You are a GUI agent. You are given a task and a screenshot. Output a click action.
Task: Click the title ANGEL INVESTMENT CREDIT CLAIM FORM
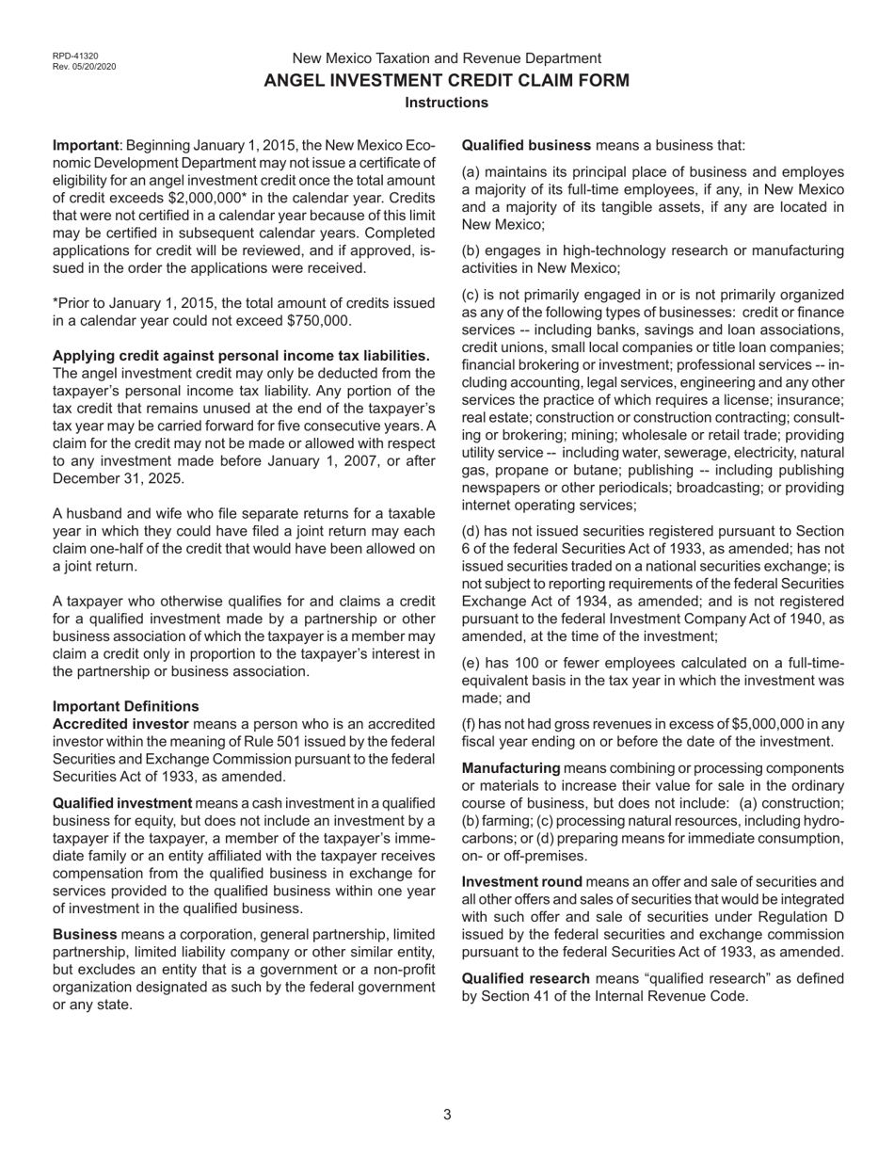pyautogui.click(x=446, y=81)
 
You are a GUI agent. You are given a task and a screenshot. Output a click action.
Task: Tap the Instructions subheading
pyautogui.click(x=446, y=103)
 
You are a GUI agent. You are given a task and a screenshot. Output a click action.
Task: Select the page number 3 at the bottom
pyautogui.click(x=447, y=1115)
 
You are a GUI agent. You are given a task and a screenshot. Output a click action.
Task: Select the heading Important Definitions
pyautogui.click(x=125, y=706)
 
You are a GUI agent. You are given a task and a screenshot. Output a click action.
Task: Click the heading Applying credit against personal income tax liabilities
pyautogui.click(x=241, y=356)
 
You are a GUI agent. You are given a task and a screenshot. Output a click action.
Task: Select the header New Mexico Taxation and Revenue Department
pyautogui.click(x=446, y=58)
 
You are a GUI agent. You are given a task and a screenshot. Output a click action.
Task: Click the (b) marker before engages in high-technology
pyautogui.click(x=471, y=250)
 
